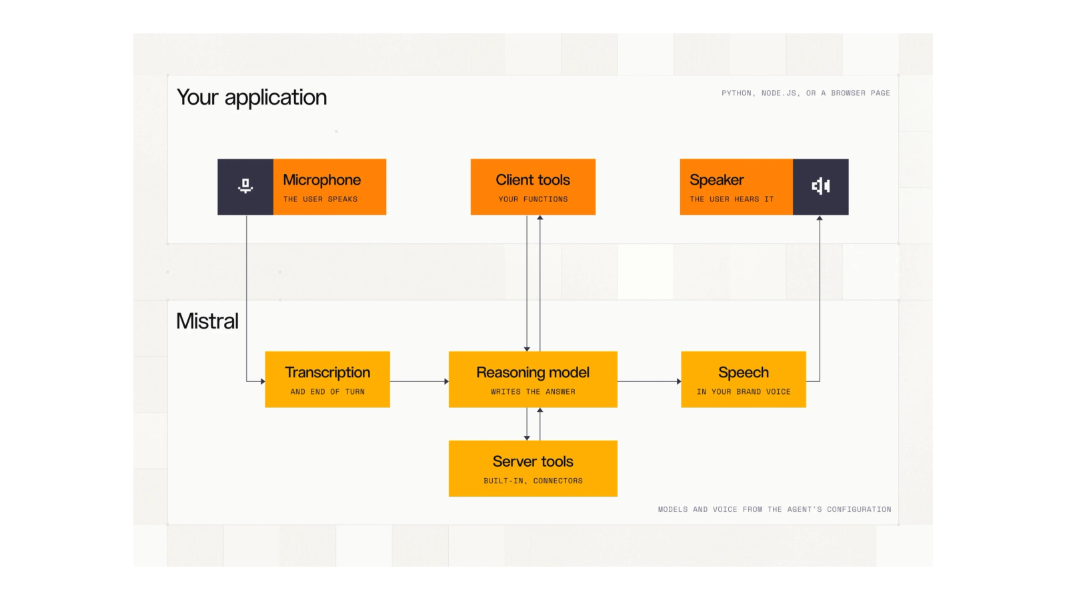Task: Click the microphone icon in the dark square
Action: click(x=245, y=186)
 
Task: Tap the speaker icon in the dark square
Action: click(x=821, y=186)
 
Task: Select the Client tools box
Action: click(x=533, y=187)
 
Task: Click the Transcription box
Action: click(x=327, y=379)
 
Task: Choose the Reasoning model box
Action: click(x=533, y=379)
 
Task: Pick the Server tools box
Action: click(x=533, y=469)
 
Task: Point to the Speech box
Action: click(x=744, y=379)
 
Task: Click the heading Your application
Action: click(x=251, y=97)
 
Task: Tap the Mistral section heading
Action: click(x=207, y=321)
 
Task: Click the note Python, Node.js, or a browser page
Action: click(x=806, y=93)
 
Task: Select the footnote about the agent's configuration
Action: click(x=774, y=509)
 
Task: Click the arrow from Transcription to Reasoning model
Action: click(x=419, y=381)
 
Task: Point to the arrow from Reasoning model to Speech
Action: click(x=650, y=381)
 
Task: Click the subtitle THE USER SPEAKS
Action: click(x=320, y=199)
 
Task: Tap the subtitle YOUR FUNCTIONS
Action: click(x=533, y=199)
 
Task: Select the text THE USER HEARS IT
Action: click(x=732, y=199)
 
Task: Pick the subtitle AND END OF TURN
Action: click(x=327, y=392)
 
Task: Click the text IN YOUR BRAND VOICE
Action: click(x=744, y=392)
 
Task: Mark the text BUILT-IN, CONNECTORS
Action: click(x=533, y=481)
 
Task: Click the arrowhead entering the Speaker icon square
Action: click(x=820, y=218)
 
